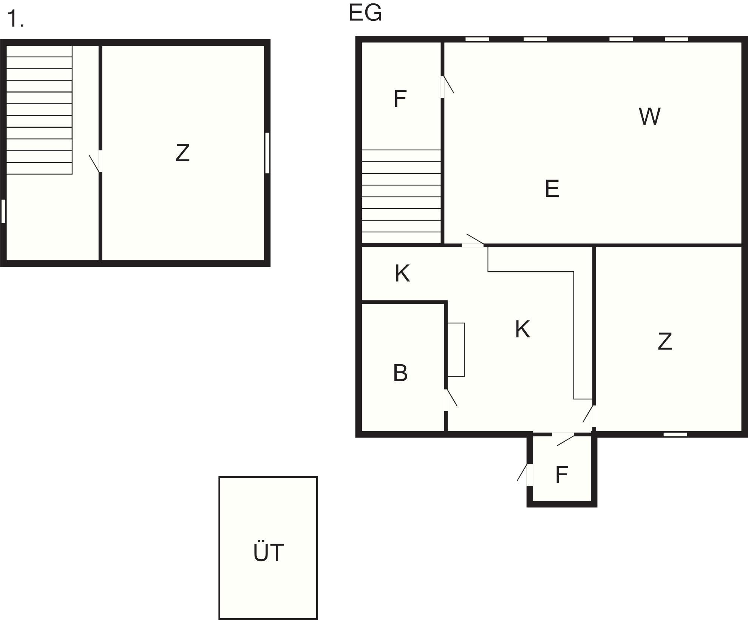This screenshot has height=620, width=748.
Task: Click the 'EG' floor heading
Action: tap(365, 13)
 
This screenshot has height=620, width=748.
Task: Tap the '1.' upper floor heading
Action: tap(15, 19)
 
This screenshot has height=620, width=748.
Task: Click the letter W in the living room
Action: tap(649, 116)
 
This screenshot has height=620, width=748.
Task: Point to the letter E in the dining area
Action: tap(552, 189)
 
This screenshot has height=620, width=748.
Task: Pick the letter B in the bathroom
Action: tap(400, 373)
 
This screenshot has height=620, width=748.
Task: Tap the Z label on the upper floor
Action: tap(182, 153)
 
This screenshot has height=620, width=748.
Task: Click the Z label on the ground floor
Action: tap(665, 341)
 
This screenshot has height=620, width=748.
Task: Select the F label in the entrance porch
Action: tap(562, 475)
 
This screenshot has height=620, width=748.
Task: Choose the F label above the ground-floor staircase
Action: tap(400, 99)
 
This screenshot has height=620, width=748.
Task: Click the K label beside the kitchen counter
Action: tap(522, 329)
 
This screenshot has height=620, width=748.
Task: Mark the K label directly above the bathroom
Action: tap(402, 274)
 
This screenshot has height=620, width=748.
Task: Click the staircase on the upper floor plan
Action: tap(39, 110)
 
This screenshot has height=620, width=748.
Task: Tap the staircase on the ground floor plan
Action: tap(401, 196)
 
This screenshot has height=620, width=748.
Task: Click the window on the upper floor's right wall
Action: tap(267, 153)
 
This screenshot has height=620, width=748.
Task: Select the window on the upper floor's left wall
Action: tap(3, 211)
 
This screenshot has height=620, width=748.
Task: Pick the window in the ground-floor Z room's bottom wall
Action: tap(675, 434)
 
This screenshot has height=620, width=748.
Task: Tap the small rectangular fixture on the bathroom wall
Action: tap(456, 349)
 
